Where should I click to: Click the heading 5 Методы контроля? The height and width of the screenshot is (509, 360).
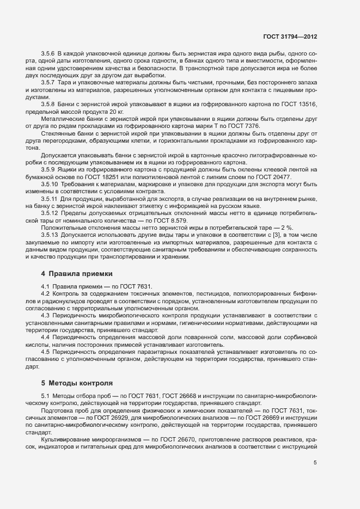(x=77, y=383)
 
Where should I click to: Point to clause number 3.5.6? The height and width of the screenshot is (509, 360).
(x=48, y=54)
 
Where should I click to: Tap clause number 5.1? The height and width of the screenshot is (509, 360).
(x=46, y=395)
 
